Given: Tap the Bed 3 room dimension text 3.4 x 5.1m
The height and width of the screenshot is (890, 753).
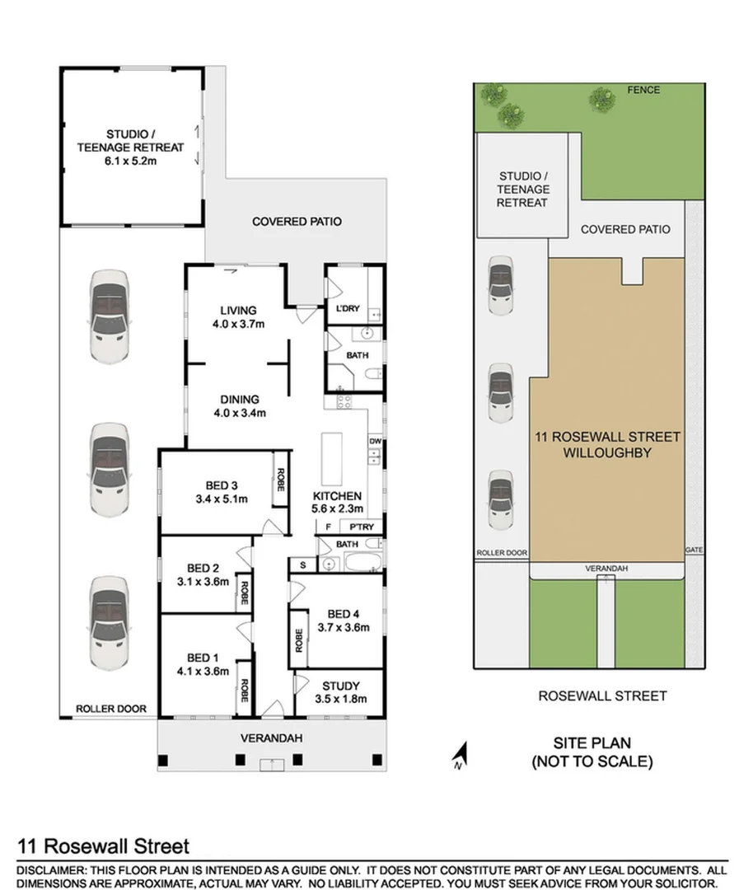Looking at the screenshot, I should tap(222, 499).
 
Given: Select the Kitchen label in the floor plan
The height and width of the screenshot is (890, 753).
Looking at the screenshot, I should tap(337, 496).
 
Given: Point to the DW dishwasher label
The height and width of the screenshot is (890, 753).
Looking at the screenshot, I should tap(376, 441).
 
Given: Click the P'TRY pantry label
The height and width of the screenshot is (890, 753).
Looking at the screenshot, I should tap(362, 527).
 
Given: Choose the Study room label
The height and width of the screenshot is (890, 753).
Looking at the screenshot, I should tap(340, 685).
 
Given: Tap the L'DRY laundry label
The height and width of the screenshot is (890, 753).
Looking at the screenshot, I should tap(347, 309).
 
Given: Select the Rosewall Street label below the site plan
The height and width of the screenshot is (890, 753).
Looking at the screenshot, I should tap(602, 696).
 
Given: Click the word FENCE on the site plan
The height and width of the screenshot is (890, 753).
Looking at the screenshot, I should tap(644, 90).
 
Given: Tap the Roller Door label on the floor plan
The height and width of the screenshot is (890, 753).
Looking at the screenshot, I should tap(111, 708).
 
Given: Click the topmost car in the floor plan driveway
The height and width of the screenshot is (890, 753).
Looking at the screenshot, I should tap(109, 317).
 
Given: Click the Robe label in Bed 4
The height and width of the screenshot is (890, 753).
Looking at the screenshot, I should tap(299, 640).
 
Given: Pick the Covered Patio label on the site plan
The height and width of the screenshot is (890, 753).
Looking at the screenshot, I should tap(625, 229).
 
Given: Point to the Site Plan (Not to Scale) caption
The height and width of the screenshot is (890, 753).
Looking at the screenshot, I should tap(592, 752).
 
